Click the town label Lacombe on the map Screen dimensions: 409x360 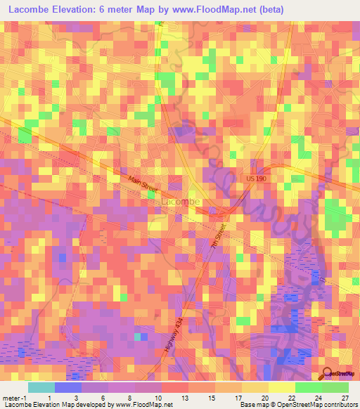tap(181, 202)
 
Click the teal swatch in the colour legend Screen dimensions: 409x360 tap(41, 387)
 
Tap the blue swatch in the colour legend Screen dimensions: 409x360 tap(68, 387)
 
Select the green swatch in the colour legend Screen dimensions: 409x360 tap(309, 387)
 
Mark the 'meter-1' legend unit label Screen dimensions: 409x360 tap(13, 397)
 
